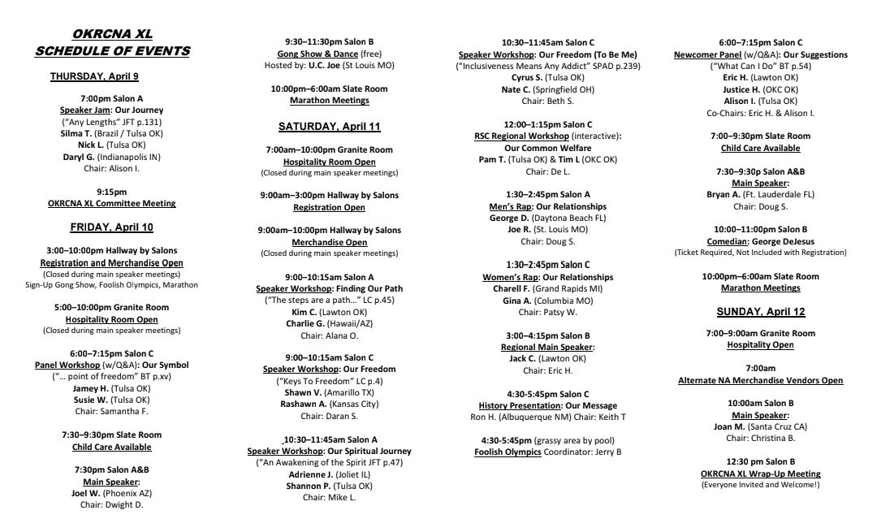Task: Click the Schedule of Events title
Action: click(x=112, y=51)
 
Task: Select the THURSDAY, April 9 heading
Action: click(x=95, y=76)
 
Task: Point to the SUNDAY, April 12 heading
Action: click(x=761, y=312)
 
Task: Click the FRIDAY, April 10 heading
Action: click(x=111, y=227)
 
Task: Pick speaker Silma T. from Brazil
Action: click(x=77, y=133)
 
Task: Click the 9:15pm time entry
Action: click(x=112, y=192)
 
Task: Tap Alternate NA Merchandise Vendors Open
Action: click(x=761, y=380)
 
